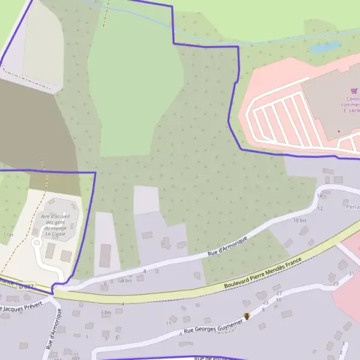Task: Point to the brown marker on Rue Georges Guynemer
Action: tap(246, 316)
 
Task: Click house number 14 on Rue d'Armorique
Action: tap(319, 196)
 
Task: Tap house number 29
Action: tap(335, 283)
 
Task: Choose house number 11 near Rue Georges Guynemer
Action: tap(169, 323)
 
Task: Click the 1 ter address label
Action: tap(8, 234)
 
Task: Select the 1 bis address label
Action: tap(106, 312)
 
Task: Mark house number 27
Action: tap(278, 293)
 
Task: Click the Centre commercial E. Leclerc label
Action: tap(352, 105)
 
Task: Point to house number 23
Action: tap(265, 302)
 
